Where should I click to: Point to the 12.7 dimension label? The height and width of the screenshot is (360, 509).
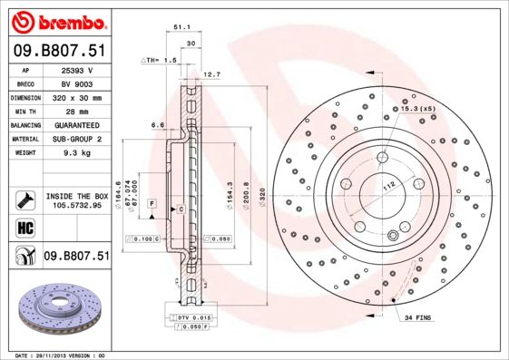click(211, 74)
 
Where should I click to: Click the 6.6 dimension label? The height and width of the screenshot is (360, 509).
click(156, 124)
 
